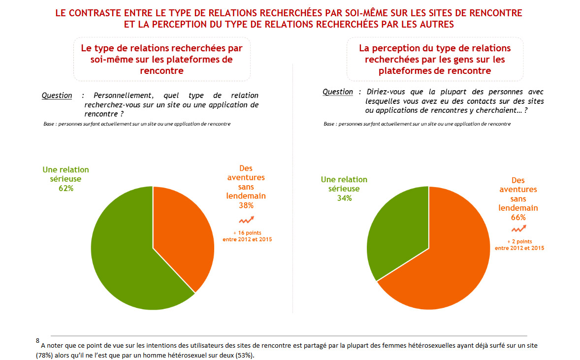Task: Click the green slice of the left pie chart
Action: click(x=123, y=256)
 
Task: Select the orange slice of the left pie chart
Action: click(x=182, y=231)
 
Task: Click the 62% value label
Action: click(x=65, y=188)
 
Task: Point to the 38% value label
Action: click(x=246, y=205)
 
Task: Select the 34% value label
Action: click(x=344, y=198)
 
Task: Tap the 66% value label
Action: click(x=518, y=217)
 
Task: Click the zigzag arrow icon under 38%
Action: click(x=246, y=220)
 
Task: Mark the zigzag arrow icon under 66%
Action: click(x=519, y=229)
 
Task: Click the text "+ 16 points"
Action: click(x=247, y=232)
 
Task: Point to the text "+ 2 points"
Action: click(x=519, y=241)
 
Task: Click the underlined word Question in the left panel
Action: click(x=57, y=96)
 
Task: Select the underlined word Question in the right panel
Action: click(x=338, y=92)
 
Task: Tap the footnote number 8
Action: click(x=37, y=340)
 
